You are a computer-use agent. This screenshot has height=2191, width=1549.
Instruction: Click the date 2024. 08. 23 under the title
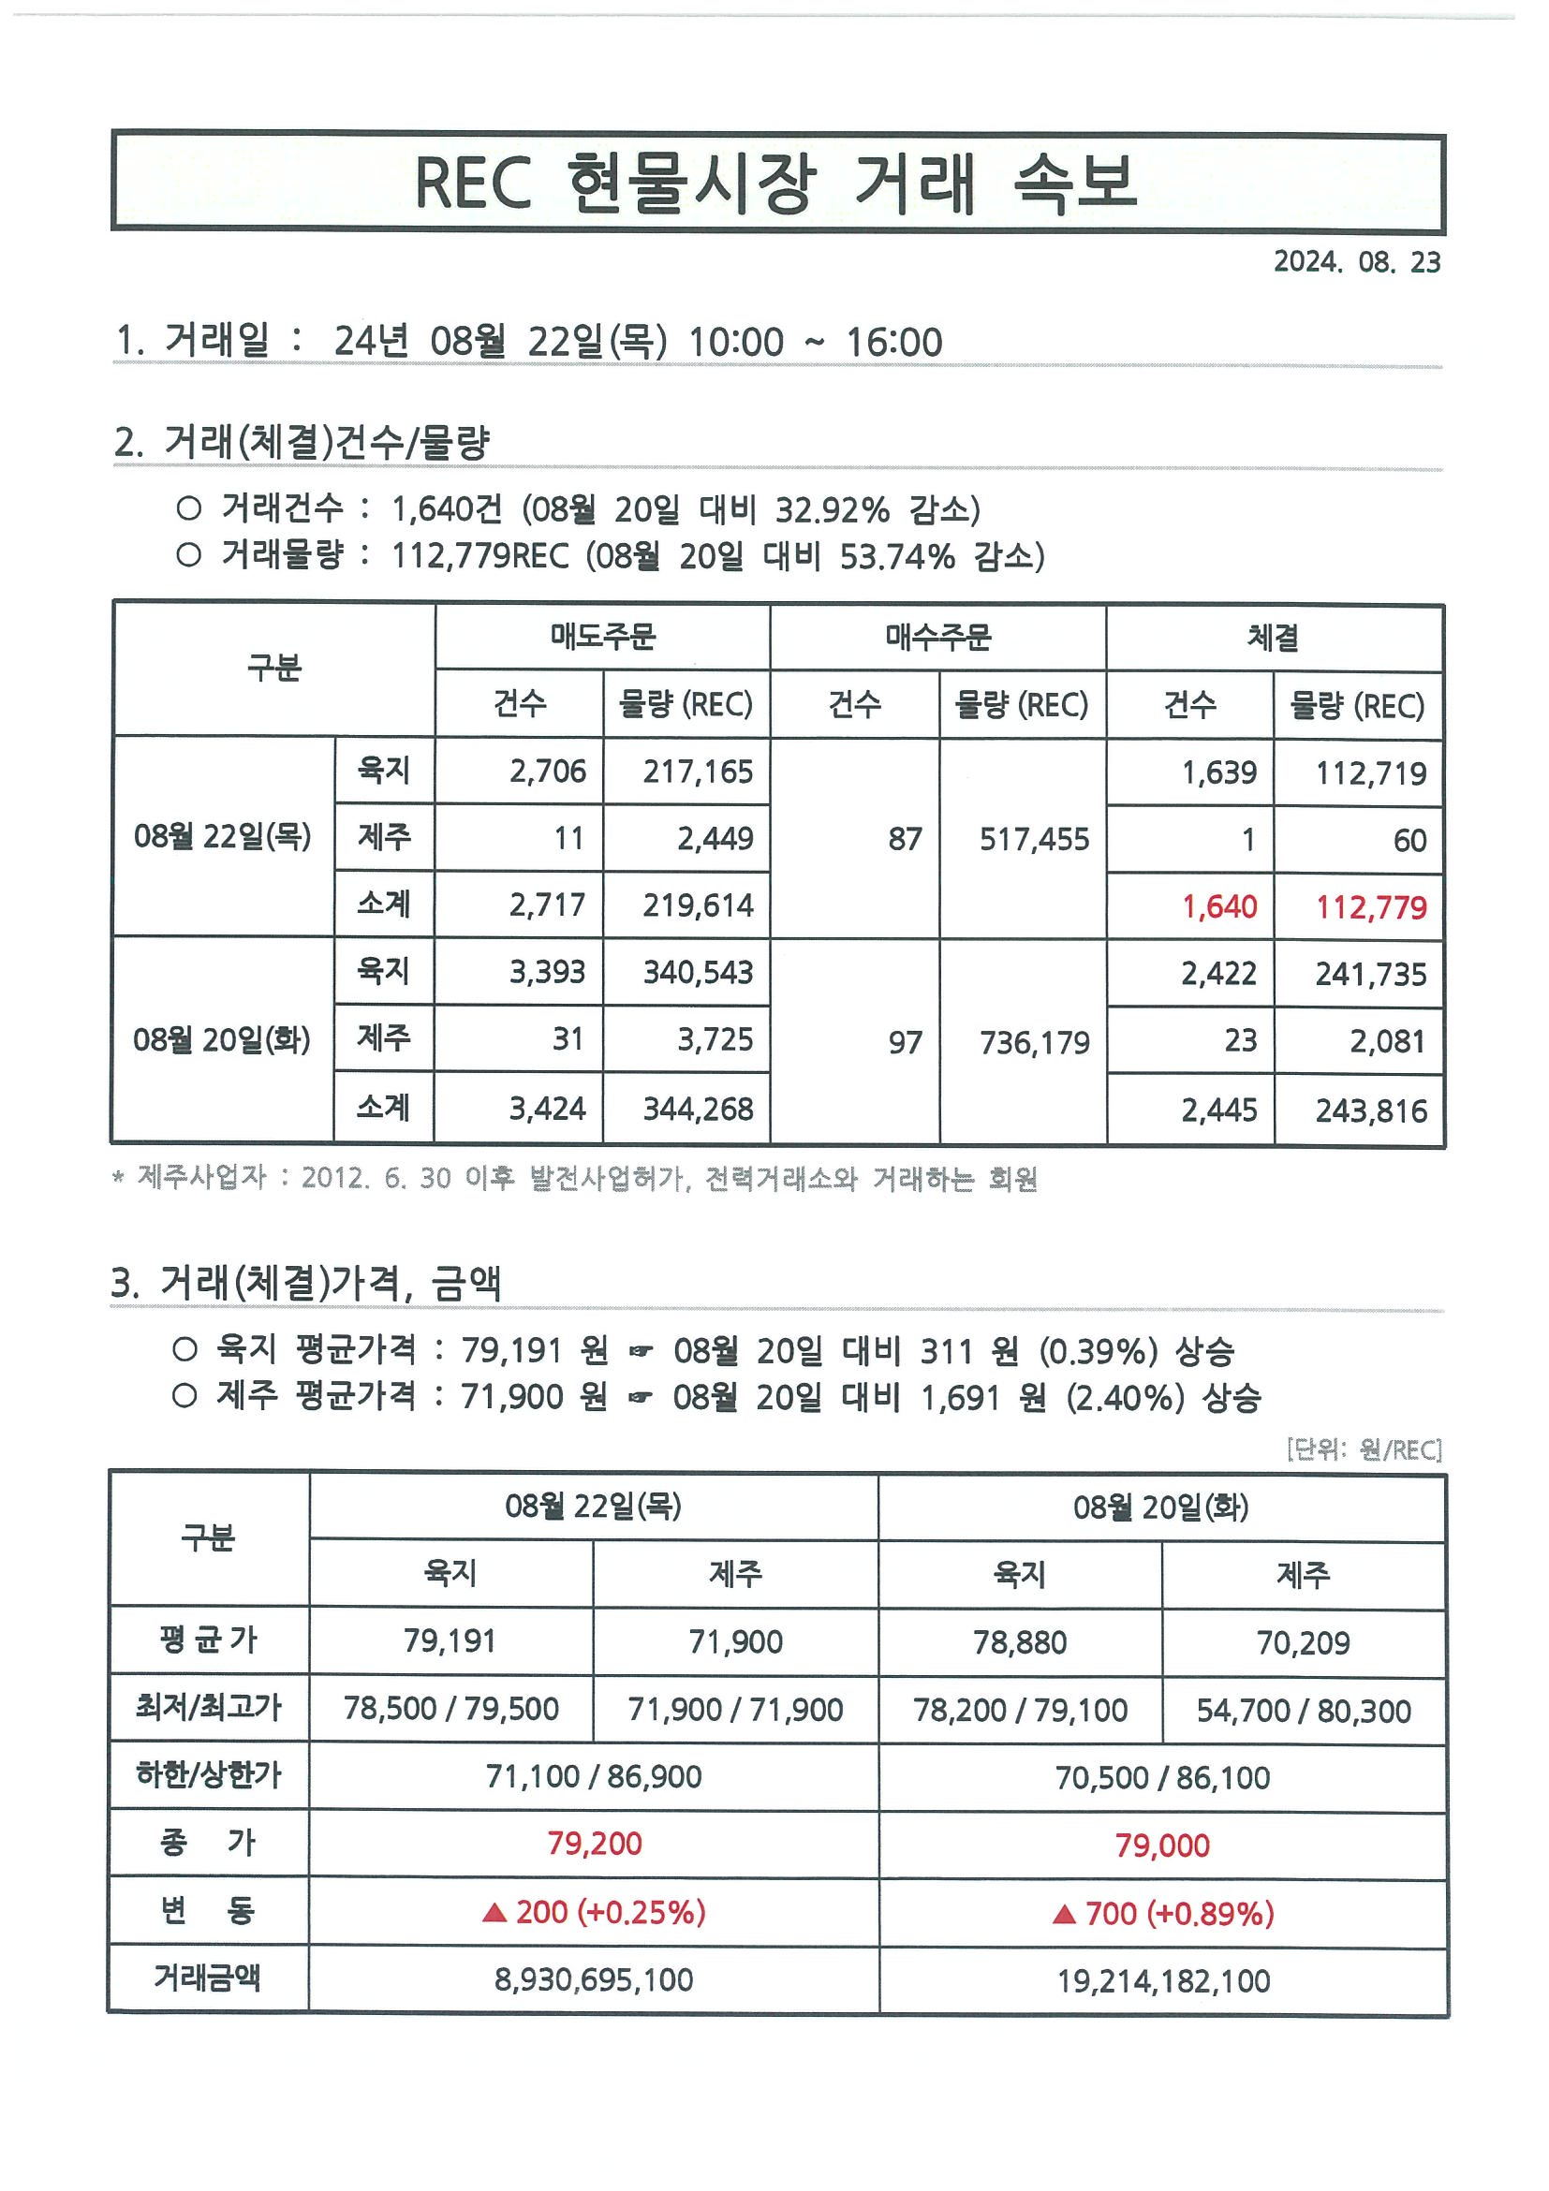click(1356, 262)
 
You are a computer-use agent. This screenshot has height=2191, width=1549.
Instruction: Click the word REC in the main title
click(472, 183)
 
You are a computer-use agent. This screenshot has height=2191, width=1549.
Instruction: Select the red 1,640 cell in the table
click(1218, 906)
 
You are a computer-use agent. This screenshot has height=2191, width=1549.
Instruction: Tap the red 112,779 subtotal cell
click(1370, 907)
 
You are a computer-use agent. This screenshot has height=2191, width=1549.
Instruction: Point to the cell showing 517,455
click(1034, 840)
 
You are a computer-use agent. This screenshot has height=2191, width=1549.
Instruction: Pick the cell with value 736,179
click(1034, 1043)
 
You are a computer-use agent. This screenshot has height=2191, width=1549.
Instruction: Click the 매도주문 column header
click(602, 637)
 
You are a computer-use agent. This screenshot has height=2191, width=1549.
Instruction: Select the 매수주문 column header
click(938, 637)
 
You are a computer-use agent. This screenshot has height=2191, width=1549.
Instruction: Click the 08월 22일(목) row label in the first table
click(222, 837)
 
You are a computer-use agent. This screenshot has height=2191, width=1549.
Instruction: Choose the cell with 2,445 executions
click(1218, 1110)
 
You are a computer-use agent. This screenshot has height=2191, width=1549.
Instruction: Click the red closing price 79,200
click(594, 1843)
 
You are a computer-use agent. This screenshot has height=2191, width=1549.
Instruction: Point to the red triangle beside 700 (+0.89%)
click(1063, 1913)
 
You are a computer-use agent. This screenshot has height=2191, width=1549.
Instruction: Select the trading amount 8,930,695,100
click(594, 1979)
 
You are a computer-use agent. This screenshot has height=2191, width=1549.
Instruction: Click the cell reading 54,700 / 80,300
click(1303, 1711)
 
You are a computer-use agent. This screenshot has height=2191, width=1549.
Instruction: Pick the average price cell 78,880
click(1019, 1642)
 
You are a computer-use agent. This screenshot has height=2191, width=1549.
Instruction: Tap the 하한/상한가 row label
click(208, 1775)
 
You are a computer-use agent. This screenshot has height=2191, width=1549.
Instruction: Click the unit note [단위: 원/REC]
click(1363, 1450)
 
